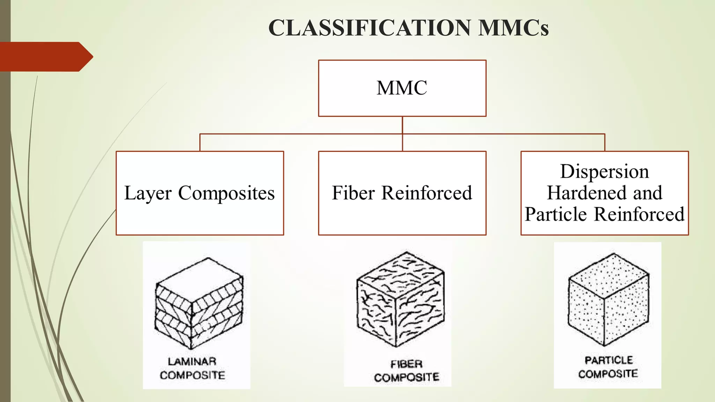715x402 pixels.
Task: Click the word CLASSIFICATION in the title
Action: point(369,28)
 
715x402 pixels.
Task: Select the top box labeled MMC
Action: point(402,88)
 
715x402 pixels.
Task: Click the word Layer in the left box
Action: point(148,194)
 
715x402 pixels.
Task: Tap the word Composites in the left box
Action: point(226,194)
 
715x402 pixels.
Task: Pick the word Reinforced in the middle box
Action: point(426,193)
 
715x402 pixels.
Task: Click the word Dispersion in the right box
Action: point(604,172)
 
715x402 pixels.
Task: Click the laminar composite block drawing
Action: point(199,304)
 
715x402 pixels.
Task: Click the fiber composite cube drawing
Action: point(400,299)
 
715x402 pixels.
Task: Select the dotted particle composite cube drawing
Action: point(608,299)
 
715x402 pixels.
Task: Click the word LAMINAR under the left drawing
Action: point(192,361)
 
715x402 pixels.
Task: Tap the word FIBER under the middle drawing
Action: point(406,364)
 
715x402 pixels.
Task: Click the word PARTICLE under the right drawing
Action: point(609,360)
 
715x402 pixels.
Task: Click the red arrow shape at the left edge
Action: point(45,57)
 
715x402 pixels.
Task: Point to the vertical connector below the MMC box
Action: point(402,125)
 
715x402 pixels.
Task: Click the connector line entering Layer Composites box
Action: point(200,142)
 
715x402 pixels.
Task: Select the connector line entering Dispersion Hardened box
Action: point(604,142)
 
